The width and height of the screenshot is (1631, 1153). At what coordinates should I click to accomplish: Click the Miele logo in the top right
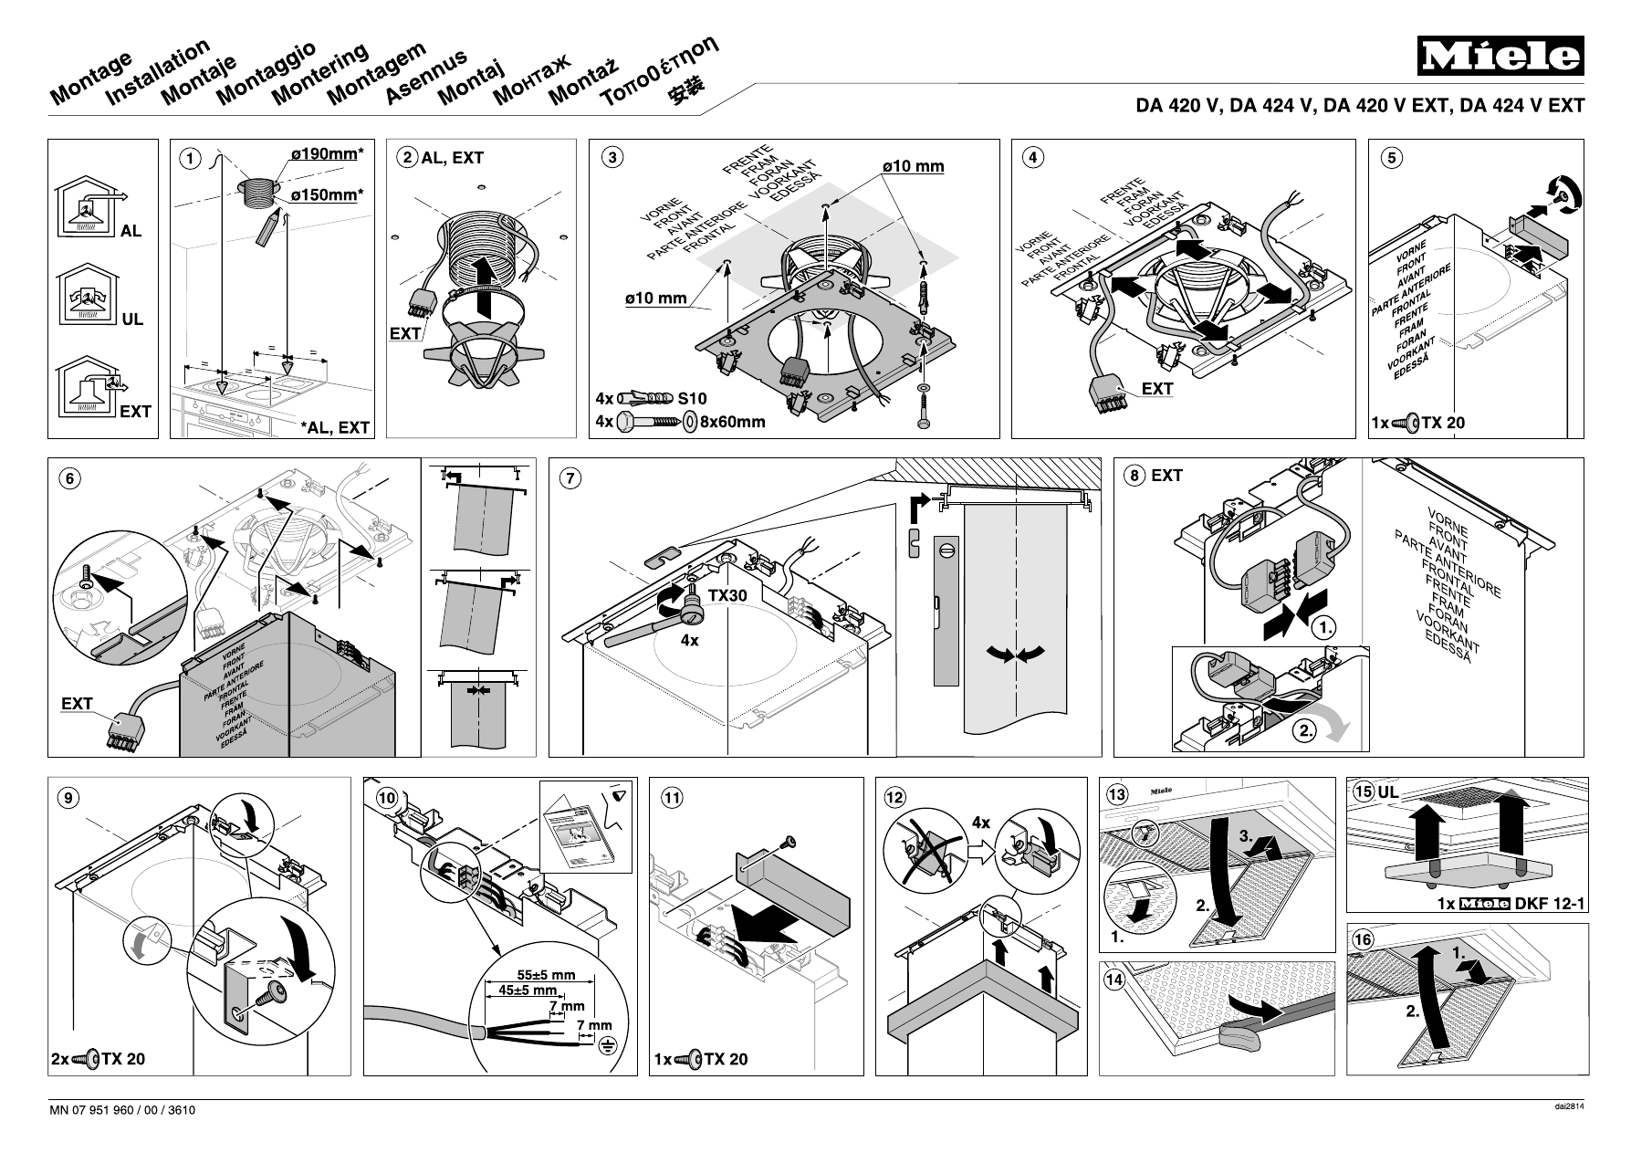1500,58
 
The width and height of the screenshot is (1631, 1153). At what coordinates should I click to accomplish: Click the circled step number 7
569,477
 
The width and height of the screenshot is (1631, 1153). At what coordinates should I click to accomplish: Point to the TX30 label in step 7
727,595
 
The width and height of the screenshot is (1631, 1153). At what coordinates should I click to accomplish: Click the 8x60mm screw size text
732,422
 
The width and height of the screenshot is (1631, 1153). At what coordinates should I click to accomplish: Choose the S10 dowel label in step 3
692,399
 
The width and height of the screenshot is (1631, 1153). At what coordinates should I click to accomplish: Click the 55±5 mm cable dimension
546,975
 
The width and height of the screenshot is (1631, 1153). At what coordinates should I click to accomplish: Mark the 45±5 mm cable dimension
528,991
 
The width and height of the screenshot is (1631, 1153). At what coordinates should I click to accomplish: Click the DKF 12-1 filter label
1551,905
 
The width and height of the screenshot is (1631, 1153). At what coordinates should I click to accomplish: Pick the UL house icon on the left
87,294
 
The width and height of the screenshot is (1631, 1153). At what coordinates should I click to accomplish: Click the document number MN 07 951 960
122,1111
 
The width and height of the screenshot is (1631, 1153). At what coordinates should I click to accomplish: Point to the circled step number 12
894,797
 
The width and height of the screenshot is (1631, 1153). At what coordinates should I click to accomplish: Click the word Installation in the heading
158,72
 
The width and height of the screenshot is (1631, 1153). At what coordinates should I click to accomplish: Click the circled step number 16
1363,939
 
